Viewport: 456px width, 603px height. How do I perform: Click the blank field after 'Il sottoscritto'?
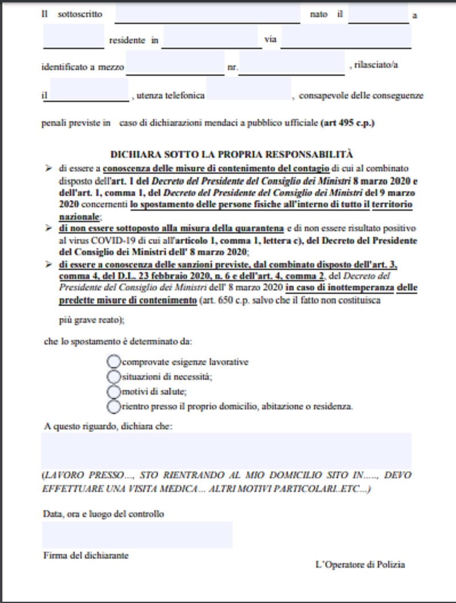coord(207,14)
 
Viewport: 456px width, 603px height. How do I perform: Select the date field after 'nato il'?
coord(378,14)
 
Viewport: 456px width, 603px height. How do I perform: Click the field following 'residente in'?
coord(211,39)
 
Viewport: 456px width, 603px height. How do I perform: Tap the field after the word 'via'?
coord(346,39)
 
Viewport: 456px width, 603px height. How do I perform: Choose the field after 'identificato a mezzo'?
coord(176,65)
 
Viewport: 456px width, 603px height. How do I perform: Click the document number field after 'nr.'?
coord(292,65)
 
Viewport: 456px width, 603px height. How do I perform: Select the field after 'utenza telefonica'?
coord(249,91)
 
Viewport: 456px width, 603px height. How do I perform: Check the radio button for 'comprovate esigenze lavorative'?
coord(113,362)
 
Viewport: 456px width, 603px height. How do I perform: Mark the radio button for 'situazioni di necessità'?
coord(113,376)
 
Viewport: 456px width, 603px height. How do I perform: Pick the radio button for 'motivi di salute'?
coord(113,391)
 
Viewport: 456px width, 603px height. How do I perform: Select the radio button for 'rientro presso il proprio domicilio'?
coord(113,406)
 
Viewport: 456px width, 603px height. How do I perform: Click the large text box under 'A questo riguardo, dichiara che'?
coord(226,450)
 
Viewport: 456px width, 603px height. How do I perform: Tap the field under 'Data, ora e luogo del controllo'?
coord(137,535)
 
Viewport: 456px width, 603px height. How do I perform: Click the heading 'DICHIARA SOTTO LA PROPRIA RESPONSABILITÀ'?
coord(231,154)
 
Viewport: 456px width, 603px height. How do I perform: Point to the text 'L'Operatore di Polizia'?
coord(360,564)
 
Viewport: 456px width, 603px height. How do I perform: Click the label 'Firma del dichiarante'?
coord(85,555)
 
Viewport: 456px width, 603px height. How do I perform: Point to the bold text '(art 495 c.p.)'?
coord(347,122)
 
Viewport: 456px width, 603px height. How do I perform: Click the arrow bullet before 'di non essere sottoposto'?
coord(48,228)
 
